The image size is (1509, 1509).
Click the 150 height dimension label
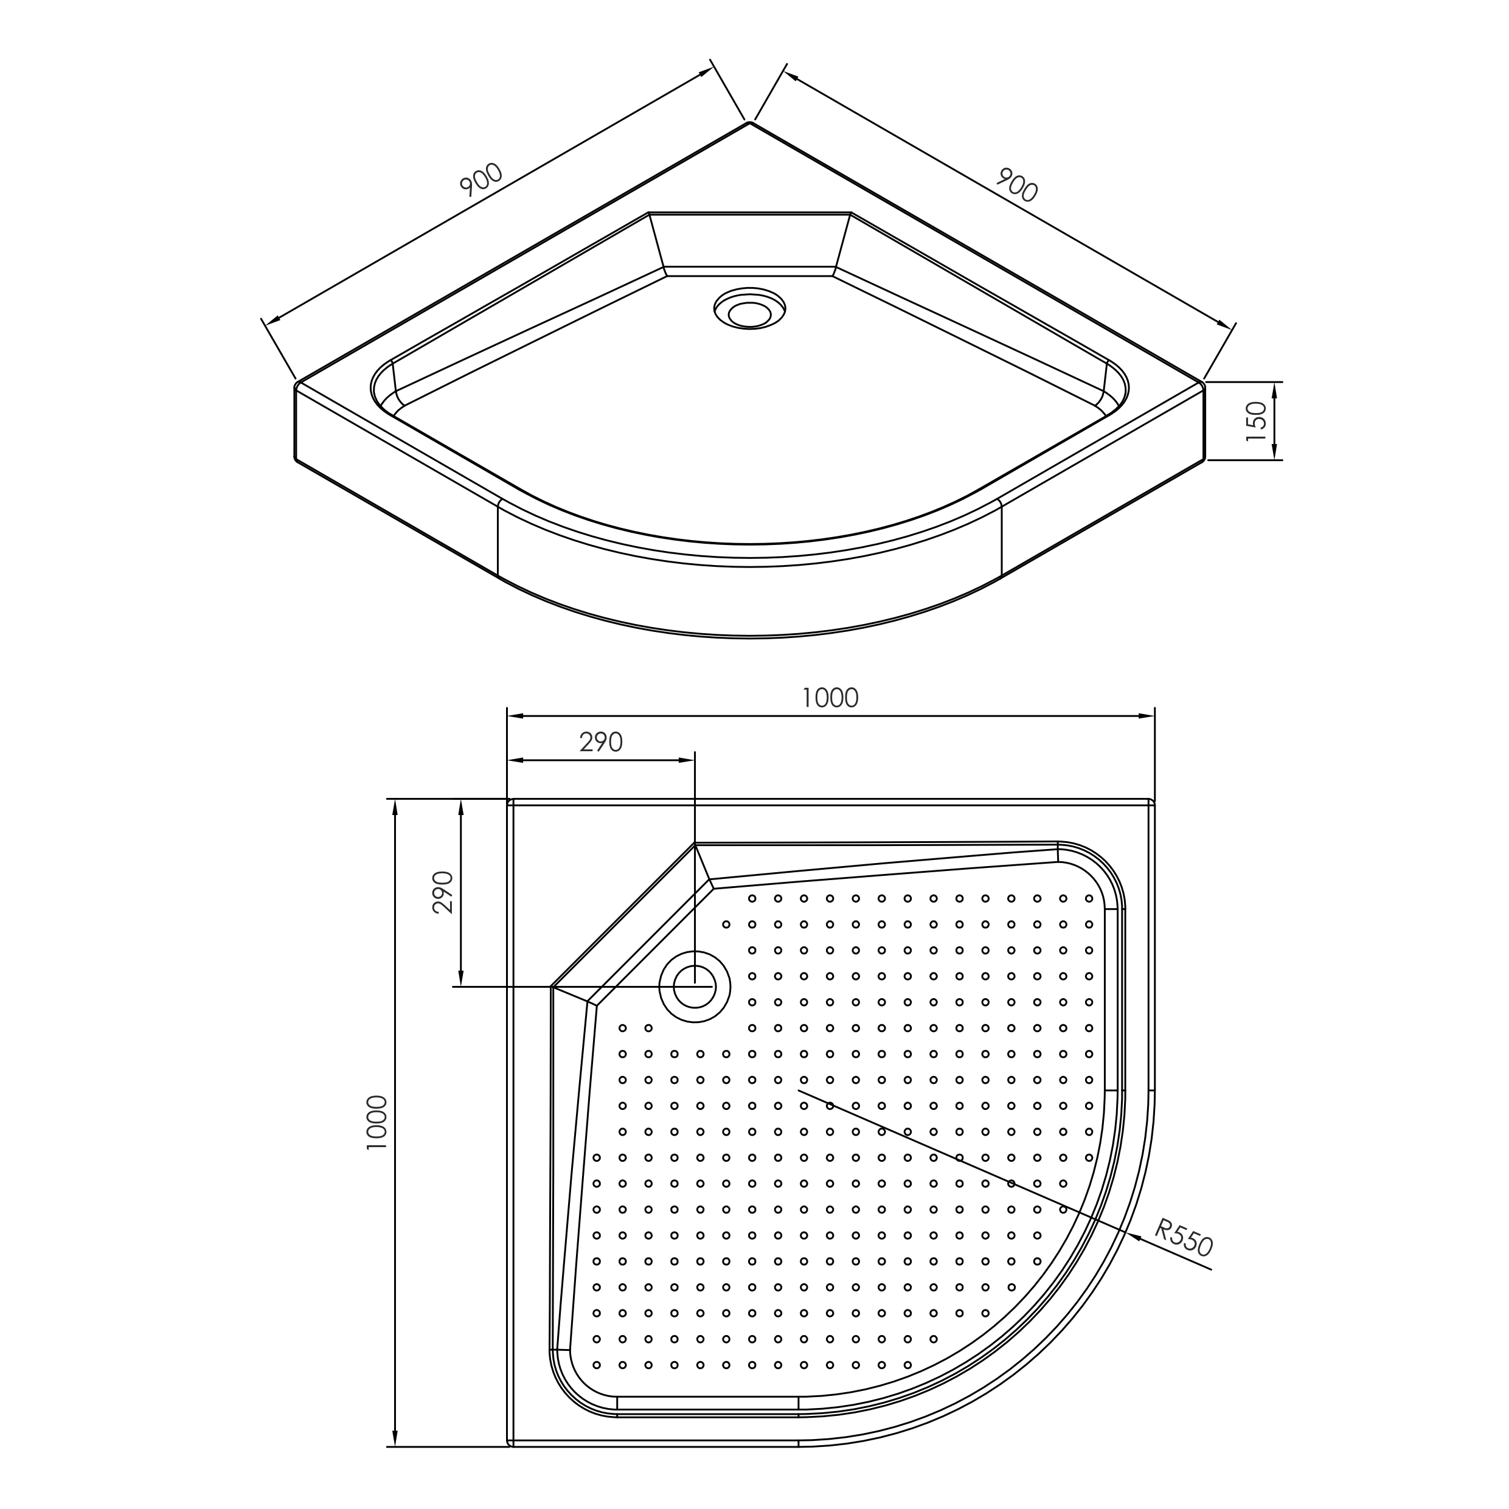1256,421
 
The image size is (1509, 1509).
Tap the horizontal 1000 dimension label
830,698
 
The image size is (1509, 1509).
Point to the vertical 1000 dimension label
376,1122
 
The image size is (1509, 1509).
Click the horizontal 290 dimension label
601,742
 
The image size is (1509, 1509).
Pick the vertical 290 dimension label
443,892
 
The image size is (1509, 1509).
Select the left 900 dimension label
481,179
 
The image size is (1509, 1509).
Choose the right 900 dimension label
1016,185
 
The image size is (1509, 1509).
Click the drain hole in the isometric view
750,310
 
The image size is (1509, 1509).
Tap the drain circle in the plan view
695,987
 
